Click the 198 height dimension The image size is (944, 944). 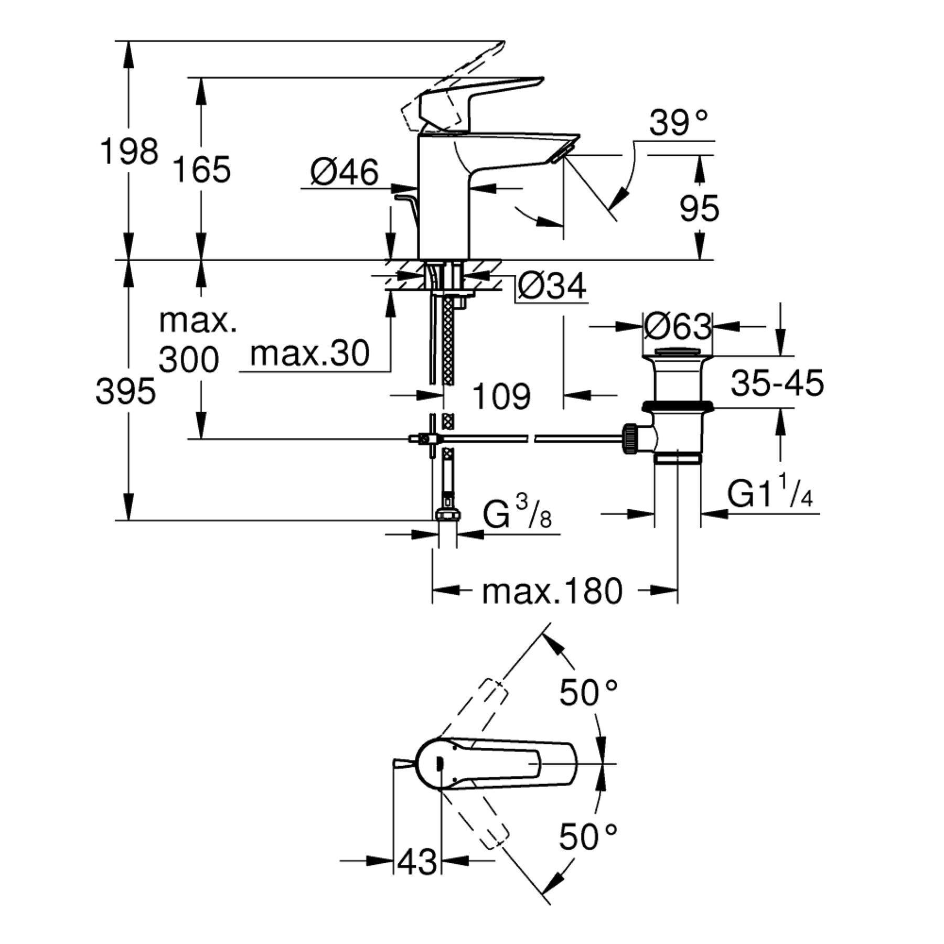coord(128,152)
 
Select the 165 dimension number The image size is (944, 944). coord(201,169)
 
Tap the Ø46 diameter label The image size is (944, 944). coord(344,172)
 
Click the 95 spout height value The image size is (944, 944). coord(699,208)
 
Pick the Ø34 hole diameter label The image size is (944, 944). coord(552,286)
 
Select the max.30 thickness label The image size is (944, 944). coord(309,353)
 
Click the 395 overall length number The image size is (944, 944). coord(125,391)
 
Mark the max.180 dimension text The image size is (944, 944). coord(552,591)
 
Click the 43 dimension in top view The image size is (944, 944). coord(417,861)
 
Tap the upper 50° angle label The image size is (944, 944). coord(588,693)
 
